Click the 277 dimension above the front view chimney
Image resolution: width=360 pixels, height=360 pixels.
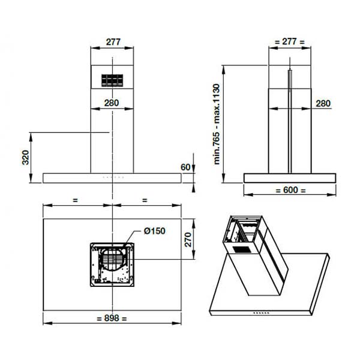click(112, 43)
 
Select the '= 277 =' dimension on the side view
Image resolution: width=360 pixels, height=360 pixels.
click(289, 42)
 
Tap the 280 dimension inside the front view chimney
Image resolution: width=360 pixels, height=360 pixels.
click(112, 103)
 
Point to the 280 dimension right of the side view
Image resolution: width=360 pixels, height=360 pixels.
click(322, 103)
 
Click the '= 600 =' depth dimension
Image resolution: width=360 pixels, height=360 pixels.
click(289, 190)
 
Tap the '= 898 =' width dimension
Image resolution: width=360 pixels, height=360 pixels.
click(112, 319)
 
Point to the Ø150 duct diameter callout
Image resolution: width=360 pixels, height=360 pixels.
click(154, 231)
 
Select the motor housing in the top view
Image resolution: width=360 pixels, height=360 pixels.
click(112, 263)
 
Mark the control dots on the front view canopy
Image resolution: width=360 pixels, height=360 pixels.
click(112, 178)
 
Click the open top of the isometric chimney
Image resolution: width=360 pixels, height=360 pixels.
click(242, 223)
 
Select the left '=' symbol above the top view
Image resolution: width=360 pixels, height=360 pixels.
click(74, 199)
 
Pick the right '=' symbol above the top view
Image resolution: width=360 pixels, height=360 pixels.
click(144, 199)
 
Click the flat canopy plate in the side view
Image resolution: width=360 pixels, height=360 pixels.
click(289, 178)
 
